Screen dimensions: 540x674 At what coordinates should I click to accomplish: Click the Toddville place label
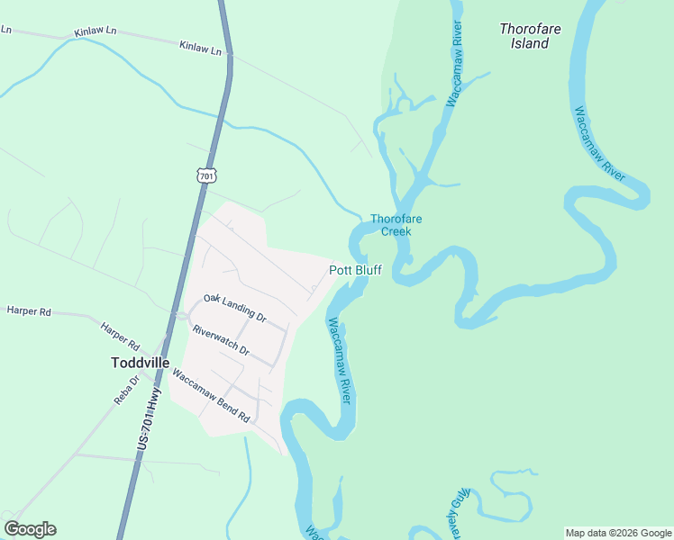(140, 363)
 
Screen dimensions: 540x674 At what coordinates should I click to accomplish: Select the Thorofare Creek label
(396, 225)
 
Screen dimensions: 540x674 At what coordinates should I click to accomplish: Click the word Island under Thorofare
(530, 43)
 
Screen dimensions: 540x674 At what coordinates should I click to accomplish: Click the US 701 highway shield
(206, 176)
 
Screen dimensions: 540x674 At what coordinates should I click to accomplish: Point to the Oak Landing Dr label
(235, 308)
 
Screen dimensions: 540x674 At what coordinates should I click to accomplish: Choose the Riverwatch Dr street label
(221, 339)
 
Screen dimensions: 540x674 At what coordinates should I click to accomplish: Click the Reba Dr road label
(127, 390)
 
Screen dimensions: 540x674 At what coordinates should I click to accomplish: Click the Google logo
(30, 529)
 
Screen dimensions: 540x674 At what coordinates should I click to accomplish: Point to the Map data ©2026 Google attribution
(618, 533)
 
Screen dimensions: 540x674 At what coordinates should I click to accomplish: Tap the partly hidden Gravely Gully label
(460, 508)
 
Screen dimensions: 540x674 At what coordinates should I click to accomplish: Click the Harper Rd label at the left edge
(29, 310)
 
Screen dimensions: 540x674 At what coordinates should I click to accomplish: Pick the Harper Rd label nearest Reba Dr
(120, 337)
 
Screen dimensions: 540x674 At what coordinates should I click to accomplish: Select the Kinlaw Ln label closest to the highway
(200, 47)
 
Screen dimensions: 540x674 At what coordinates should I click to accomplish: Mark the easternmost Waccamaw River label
(599, 145)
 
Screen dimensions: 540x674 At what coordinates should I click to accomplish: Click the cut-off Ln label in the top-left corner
(5, 29)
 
